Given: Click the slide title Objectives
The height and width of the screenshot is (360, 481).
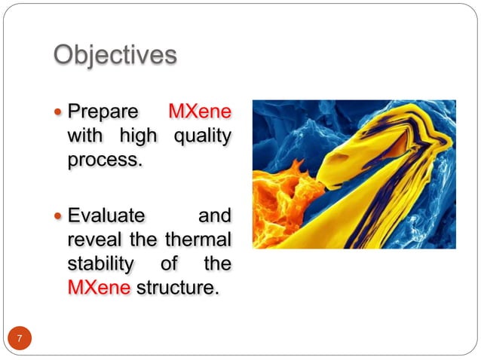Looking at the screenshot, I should pos(115,55).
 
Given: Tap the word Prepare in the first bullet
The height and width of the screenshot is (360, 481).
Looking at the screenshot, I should pos(103,112).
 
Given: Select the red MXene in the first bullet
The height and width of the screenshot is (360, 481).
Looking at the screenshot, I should pos(199,112).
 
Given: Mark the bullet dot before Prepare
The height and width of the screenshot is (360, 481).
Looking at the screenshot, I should pos(60,113).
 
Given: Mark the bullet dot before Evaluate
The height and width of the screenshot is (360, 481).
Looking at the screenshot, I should pos(60,216).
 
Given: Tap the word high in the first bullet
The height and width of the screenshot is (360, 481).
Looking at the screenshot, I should pos(137,136).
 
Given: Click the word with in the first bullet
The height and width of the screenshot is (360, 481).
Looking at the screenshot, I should pos(84,136).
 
